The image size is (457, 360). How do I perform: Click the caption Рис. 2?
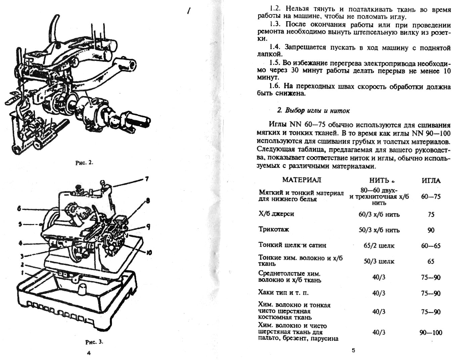84,163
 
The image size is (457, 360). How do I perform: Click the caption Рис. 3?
94,342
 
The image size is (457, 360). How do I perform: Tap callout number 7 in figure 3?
147,179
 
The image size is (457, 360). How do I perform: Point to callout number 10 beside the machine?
149,252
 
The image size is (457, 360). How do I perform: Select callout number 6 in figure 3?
19,209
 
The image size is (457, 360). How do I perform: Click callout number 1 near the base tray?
22,272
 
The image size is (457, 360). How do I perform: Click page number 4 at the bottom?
89,353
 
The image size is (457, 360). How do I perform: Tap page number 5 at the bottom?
353,351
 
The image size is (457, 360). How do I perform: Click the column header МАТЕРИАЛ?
301,180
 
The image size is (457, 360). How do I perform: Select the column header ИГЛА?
431,180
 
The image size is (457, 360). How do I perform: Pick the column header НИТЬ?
379,180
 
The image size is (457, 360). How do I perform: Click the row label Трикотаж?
274,229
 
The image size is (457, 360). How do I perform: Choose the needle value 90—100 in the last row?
431,333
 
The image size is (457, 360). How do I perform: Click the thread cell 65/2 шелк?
379,245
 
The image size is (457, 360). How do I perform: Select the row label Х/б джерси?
276,214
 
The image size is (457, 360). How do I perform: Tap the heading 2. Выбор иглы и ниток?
313,110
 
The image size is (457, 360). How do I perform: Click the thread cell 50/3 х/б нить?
379,230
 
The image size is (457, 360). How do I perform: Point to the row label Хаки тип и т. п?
283,292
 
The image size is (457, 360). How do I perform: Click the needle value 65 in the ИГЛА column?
431,261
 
